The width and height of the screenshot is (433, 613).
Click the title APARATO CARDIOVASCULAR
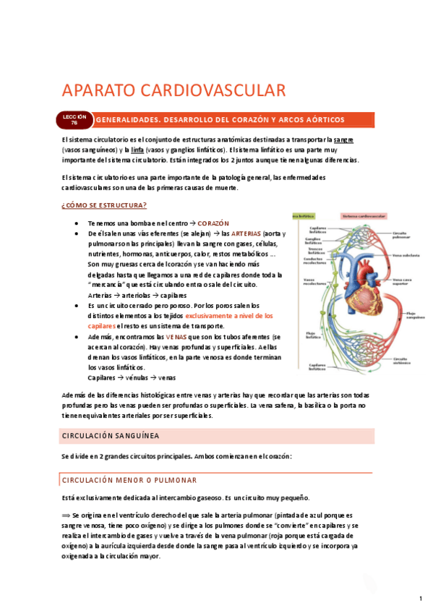174,90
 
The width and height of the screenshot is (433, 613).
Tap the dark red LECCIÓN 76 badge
74,119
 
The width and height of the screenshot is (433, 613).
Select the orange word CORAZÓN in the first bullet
213,224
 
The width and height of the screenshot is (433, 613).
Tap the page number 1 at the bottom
421,599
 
